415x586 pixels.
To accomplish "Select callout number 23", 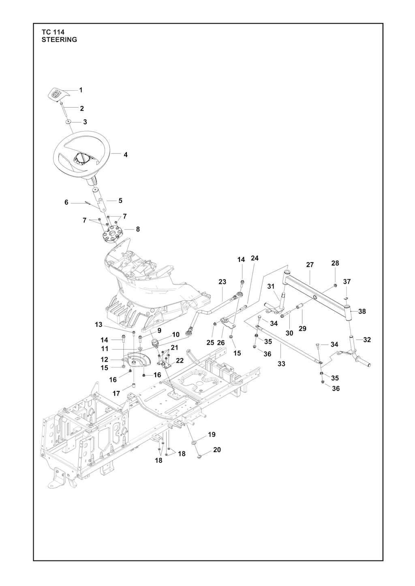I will pyautogui.click(x=222, y=282).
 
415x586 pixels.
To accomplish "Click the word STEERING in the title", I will pyautogui.click(x=59, y=40).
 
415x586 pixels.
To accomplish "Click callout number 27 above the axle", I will pyautogui.click(x=310, y=265).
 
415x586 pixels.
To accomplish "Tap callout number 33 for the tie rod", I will pyautogui.click(x=281, y=364).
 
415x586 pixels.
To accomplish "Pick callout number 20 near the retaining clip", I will pyautogui.click(x=217, y=450).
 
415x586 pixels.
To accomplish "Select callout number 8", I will pyautogui.click(x=138, y=229).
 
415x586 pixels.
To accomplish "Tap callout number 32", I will pyautogui.click(x=367, y=340).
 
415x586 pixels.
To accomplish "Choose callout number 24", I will pyautogui.click(x=255, y=258).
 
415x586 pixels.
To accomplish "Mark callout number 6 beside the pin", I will pyautogui.click(x=66, y=202).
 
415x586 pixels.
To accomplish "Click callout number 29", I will pyautogui.click(x=302, y=329).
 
